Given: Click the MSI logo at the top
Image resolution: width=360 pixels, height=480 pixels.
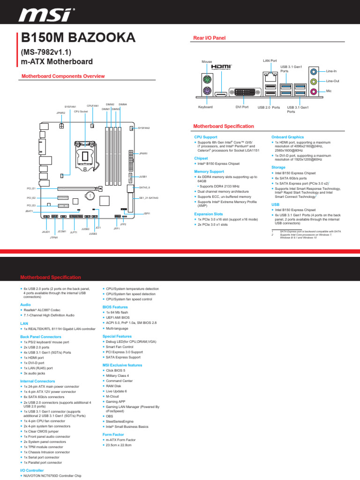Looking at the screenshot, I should pos(46,16).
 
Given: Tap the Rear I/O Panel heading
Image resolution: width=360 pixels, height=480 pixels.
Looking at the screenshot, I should pos(210,37).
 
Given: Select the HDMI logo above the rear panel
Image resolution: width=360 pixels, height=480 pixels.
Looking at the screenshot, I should pos(222,67).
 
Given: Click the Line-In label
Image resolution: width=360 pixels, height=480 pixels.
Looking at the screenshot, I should pos(331,71).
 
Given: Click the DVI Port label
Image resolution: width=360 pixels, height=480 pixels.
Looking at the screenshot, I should pos(242,107).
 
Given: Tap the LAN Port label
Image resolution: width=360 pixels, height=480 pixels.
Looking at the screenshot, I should pos(270,61).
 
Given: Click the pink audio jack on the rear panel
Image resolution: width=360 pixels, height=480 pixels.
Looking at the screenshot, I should pos(314,92).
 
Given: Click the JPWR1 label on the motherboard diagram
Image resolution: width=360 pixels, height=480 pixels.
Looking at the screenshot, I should pos(143,153).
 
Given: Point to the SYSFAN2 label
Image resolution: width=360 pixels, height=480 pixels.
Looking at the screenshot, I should pos(143,128).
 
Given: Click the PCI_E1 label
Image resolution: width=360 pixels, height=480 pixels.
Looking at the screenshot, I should pos(31,188).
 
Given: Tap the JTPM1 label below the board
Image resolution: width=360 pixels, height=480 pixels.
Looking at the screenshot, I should pos(54,238).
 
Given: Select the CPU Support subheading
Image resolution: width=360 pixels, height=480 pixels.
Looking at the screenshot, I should pos(206,137).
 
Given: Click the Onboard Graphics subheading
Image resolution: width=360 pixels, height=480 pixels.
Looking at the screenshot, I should pos(287,137).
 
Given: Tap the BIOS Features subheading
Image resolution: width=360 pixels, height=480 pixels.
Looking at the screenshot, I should pos(115,307).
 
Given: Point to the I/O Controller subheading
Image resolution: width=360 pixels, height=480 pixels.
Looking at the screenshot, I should pos(32,470).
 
